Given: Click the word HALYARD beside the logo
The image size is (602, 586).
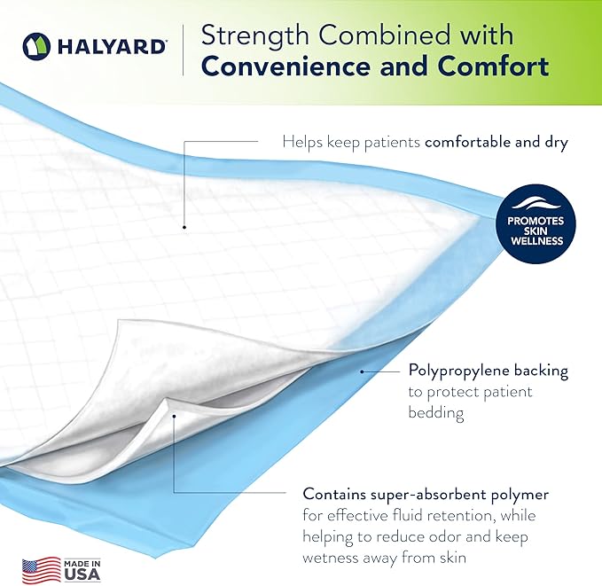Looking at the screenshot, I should click(x=112, y=45).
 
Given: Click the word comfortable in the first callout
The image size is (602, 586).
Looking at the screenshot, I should click(x=469, y=141).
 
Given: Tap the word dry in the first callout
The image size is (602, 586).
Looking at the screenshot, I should click(x=554, y=141).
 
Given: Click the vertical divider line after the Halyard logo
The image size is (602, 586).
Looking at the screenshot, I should click(x=184, y=50).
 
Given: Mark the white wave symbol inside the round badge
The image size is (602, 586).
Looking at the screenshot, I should click(x=541, y=199).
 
